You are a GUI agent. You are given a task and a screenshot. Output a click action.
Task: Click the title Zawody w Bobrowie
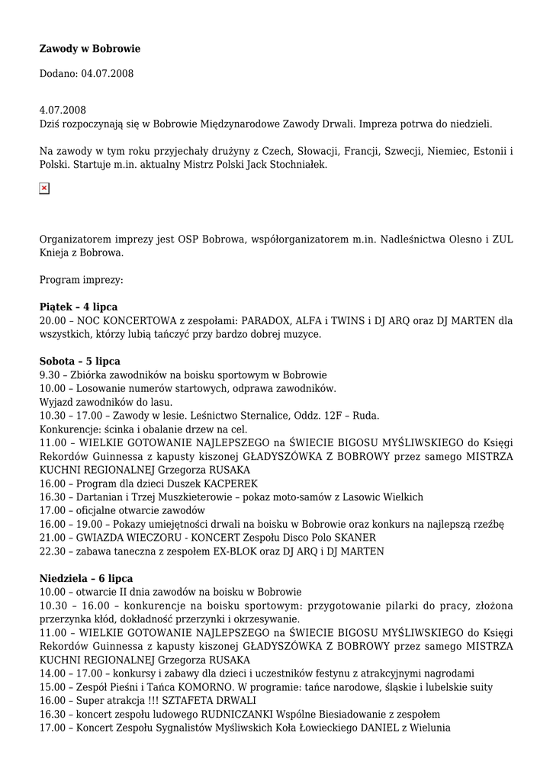click(x=90, y=49)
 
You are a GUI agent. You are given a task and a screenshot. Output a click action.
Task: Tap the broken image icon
click(x=44, y=188)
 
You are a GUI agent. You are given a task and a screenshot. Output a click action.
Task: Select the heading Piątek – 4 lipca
click(x=79, y=307)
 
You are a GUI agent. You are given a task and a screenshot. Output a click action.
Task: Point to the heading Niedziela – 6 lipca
click(x=85, y=578)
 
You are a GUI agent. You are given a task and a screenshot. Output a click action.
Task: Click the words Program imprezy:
click(x=81, y=279)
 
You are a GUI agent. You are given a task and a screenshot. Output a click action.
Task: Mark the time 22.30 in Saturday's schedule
click(x=53, y=551)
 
